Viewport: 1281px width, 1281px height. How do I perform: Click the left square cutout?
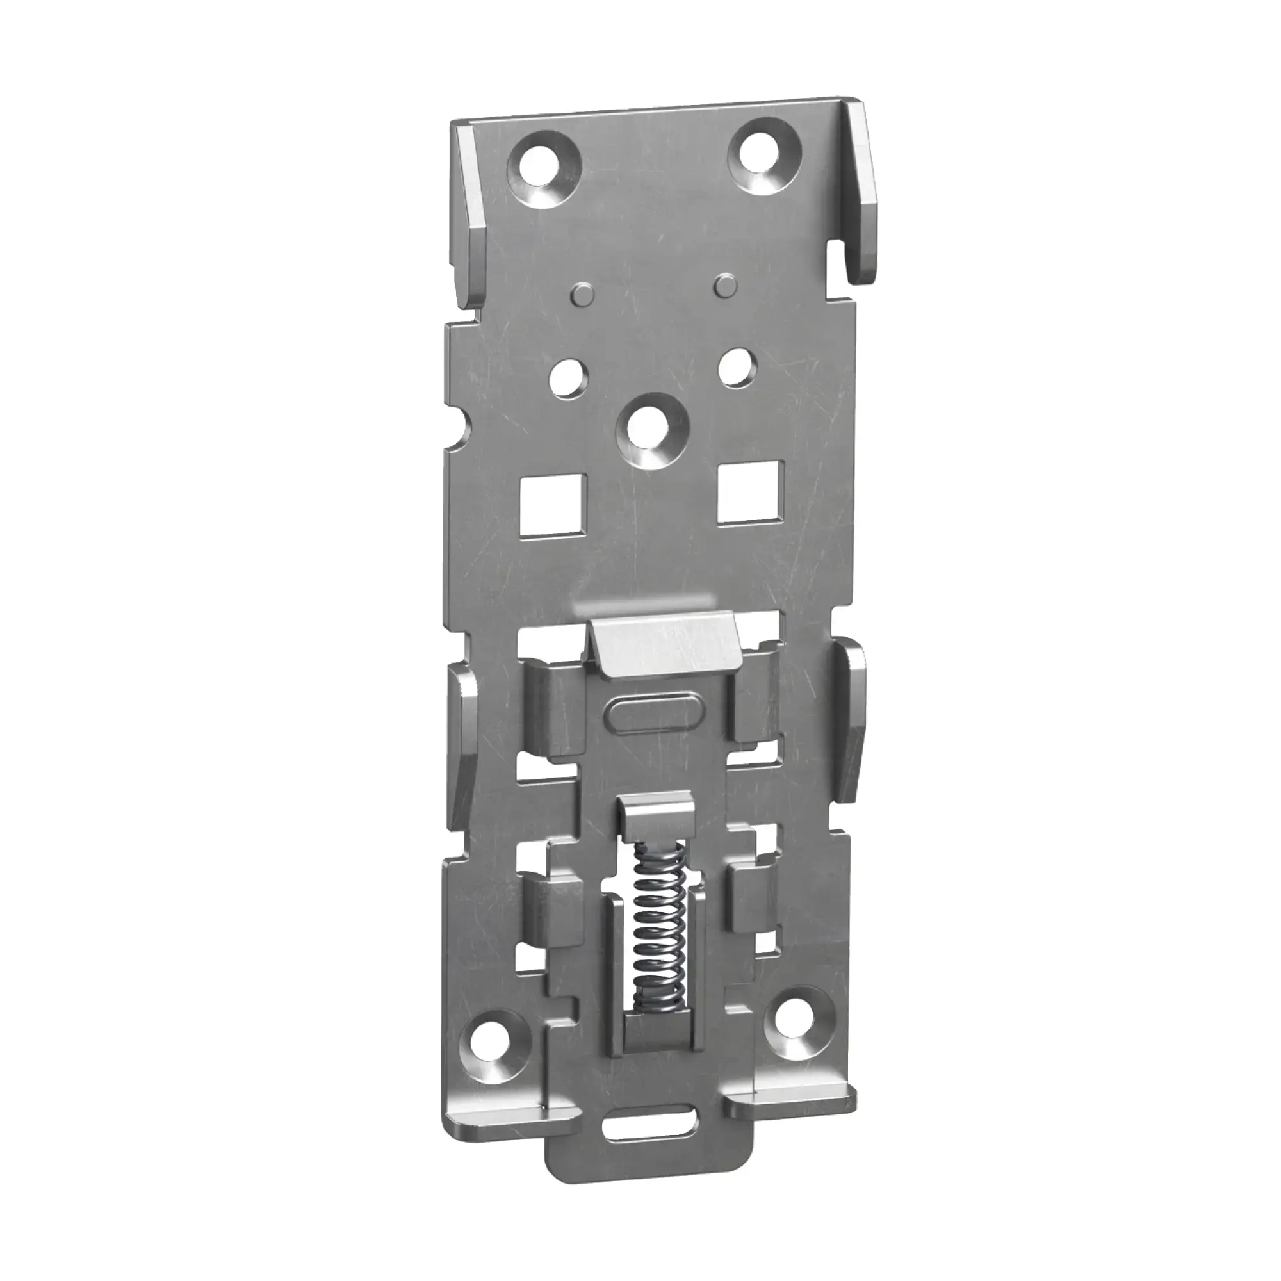click(554, 505)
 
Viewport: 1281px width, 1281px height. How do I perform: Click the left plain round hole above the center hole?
click(569, 379)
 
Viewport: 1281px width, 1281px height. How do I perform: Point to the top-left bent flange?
click(472, 219)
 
